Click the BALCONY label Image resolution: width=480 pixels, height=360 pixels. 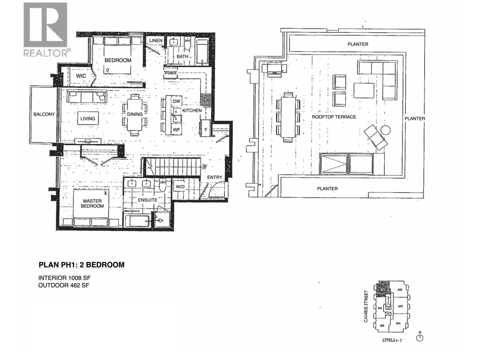[x=44, y=114]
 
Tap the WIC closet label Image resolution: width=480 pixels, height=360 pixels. [x=81, y=76]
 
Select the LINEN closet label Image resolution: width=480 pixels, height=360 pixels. [x=156, y=40]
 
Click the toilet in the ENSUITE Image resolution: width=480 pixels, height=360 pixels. [x=162, y=185]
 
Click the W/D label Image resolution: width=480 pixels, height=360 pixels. [x=180, y=187]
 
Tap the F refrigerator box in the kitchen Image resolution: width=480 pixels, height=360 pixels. [x=206, y=130]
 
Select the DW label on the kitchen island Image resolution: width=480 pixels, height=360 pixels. [x=176, y=101]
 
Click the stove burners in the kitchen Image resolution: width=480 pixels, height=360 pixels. [x=206, y=100]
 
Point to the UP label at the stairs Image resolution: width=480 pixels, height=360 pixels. [x=205, y=166]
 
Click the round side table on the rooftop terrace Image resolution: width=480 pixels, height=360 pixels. [x=385, y=130]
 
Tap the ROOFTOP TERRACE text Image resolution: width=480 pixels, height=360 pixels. [x=334, y=117]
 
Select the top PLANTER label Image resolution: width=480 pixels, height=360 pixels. [x=358, y=44]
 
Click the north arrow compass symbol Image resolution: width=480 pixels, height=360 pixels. [x=420, y=337]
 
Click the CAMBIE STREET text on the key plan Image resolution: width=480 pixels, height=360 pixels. [x=366, y=306]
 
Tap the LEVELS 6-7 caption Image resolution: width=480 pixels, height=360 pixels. [x=392, y=340]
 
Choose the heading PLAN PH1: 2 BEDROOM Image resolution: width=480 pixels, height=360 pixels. [x=82, y=265]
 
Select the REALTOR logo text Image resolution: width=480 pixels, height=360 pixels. [x=46, y=53]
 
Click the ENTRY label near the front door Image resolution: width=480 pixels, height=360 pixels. [x=214, y=177]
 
